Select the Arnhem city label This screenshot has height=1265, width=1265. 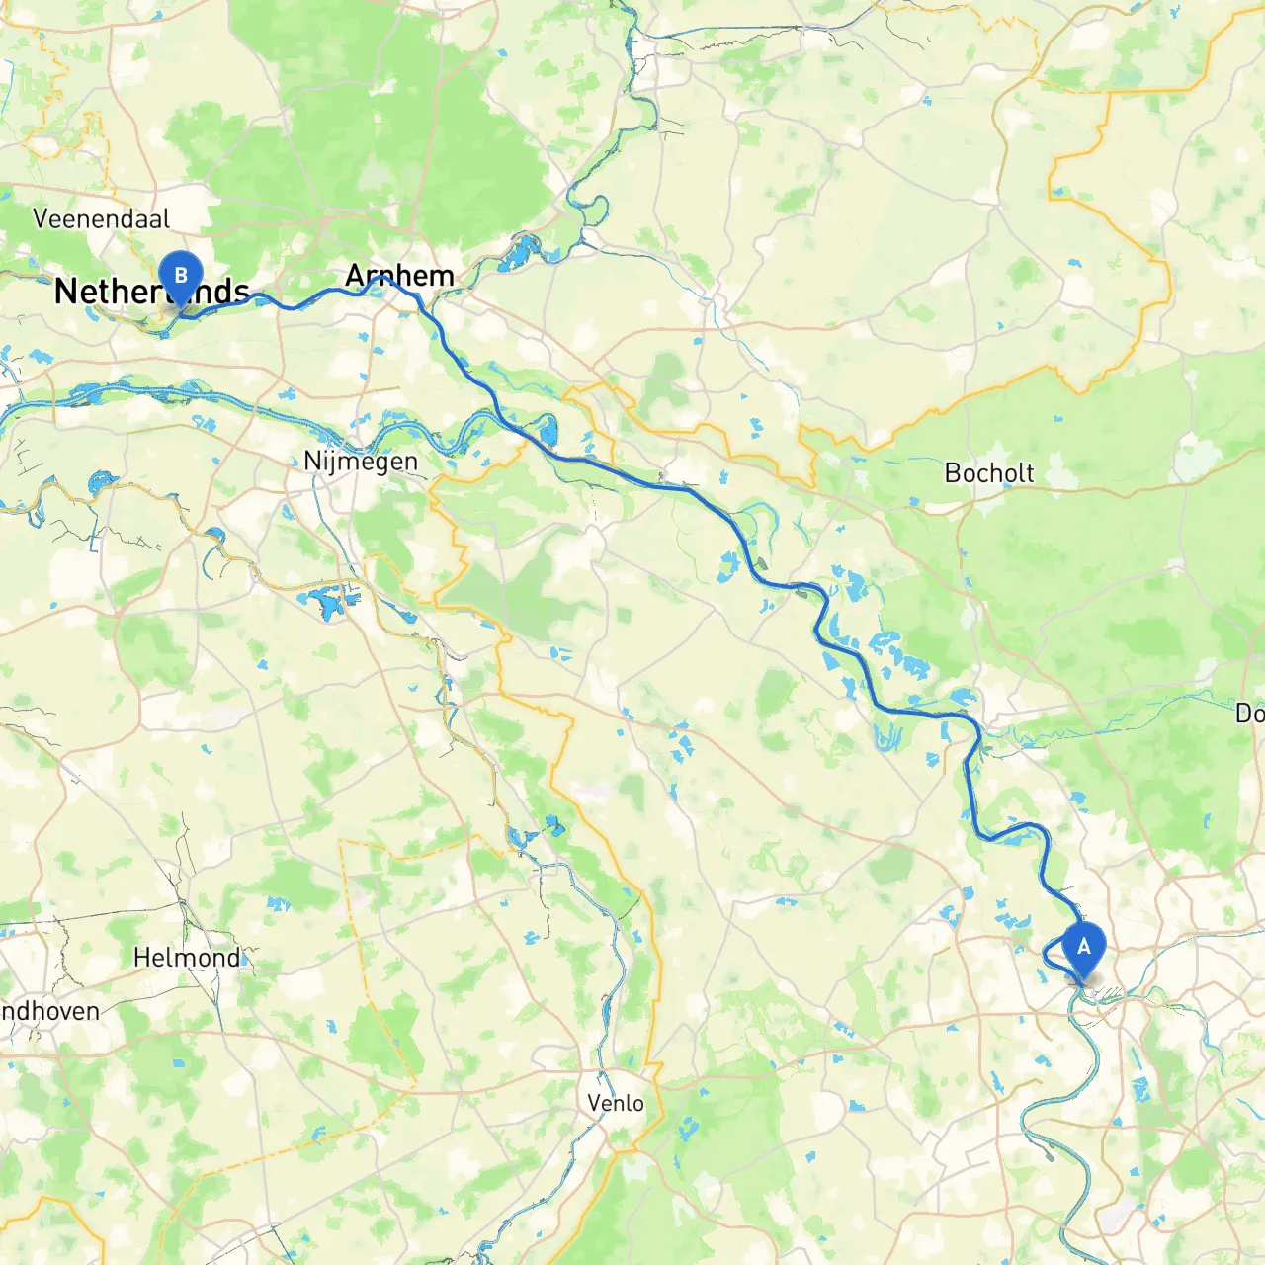(399, 275)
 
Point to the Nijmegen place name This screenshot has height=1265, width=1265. (361, 461)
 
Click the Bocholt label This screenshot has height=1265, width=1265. (988, 473)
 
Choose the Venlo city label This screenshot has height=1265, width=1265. (615, 1103)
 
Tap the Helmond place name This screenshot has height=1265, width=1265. (186, 957)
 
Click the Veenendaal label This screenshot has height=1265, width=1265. (101, 218)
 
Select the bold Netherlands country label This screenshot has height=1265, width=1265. (151, 292)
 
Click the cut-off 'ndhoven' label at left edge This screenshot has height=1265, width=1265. (49, 1011)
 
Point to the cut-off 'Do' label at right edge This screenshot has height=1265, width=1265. (1249, 713)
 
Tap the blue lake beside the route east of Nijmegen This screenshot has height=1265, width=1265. (548, 431)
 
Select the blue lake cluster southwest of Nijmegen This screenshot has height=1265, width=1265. (328, 601)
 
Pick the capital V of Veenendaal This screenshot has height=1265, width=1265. (42, 218)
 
